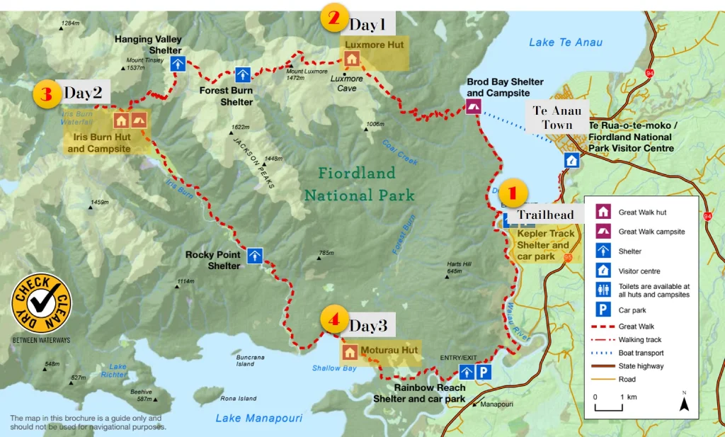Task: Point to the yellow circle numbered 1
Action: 513,193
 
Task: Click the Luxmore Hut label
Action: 374,45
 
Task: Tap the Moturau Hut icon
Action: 350,351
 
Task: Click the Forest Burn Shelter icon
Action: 243,74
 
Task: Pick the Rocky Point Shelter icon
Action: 255,255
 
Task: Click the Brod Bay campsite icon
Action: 472,107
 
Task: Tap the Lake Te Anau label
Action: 566,42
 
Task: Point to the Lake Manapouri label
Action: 258,419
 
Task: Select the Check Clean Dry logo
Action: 40,302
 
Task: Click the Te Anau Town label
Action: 556,118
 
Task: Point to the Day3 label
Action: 368,326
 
